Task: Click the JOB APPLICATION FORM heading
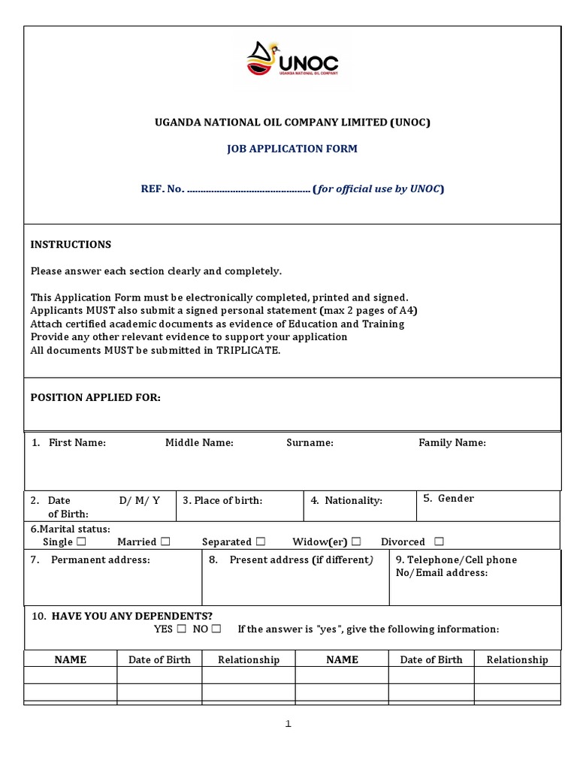click(292, 149)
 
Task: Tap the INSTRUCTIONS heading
click(71, 244)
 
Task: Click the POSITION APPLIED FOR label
click(95, 397)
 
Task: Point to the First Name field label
click(77, 442)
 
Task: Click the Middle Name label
click(199, 442)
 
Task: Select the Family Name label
click(452, 442)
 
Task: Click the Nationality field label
click(353, 500)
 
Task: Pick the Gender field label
click(455, 498)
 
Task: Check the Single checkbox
click(81, 541)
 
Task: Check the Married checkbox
click(165, 541)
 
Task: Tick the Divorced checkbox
click(439, 541)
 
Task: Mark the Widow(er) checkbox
click(356, 541)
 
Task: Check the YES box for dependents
click(181, 629)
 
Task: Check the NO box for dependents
click(216, 629)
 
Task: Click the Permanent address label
click(100, 559)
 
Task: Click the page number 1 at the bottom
click(288, 724)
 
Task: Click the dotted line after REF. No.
click(248, 189)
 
